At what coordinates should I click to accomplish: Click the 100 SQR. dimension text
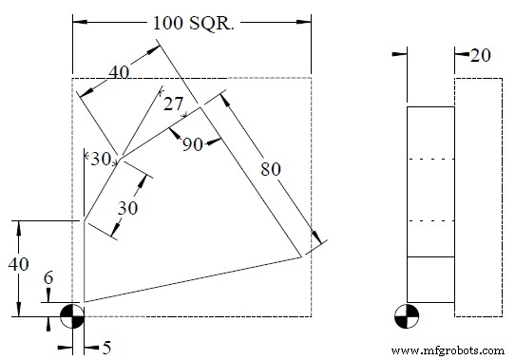(192, 21)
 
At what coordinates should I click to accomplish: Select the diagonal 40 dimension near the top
(119, 72)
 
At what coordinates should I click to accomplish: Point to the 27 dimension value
(173, 104)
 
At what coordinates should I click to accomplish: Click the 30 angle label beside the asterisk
(101, 159)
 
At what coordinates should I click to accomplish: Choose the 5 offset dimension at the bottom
(106, 348)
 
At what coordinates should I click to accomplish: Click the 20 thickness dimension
(480, 56)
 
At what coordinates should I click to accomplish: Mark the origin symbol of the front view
(72, 315)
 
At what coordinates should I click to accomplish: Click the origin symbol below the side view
(408, 314)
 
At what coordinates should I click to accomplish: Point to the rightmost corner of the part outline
(301, 256)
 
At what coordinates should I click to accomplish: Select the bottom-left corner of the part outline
(85, 302)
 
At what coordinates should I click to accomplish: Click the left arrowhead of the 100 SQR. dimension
(77, 21)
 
